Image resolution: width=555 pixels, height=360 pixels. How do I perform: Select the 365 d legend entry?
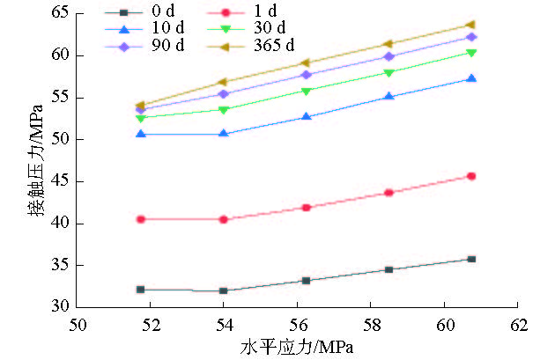point(274,45)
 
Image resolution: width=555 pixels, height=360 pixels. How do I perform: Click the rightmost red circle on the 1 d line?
point(471,176)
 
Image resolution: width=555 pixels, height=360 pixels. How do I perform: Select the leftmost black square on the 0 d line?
point(140,289)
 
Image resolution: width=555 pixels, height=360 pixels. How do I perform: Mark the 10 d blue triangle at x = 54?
point(224,134)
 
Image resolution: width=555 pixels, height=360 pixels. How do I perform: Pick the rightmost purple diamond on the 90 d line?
point(471,37)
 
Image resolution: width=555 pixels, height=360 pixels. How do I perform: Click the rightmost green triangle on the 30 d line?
point(471,53)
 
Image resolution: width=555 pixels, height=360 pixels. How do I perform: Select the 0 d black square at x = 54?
point(224,290)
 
